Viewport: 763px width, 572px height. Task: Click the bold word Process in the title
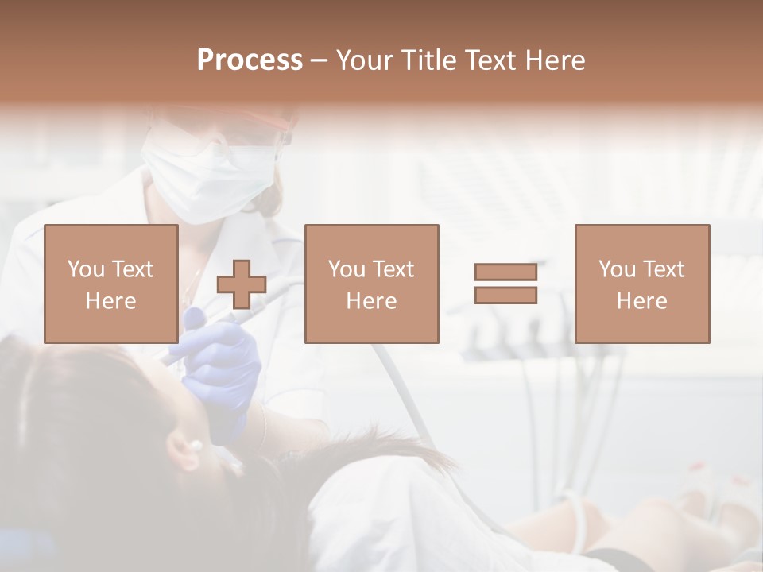click(x=250, y=60)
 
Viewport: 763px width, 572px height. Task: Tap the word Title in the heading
click(x=429, y=60)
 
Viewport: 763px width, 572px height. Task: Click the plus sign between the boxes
click(x=242, y=284)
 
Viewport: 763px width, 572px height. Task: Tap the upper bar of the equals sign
click(x=505, y=272)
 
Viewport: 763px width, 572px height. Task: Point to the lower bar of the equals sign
click(x=505, y=296)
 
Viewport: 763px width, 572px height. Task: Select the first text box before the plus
click(x=111, y=284)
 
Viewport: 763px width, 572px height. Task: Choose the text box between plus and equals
click(x=371, y=284)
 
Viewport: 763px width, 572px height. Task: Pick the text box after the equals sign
click(x=641, y=284)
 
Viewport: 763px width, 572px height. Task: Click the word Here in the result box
click(x=641, y=301)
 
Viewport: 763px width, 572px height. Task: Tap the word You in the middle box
click(x=347, y=269)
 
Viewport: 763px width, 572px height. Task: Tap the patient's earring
click(x=193, y=447)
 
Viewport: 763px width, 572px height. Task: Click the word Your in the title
click(x=365, y=60)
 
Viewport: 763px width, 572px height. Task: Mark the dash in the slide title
click(x=319, y=60)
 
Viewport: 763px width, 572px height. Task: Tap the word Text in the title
click(x=490, y=60)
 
